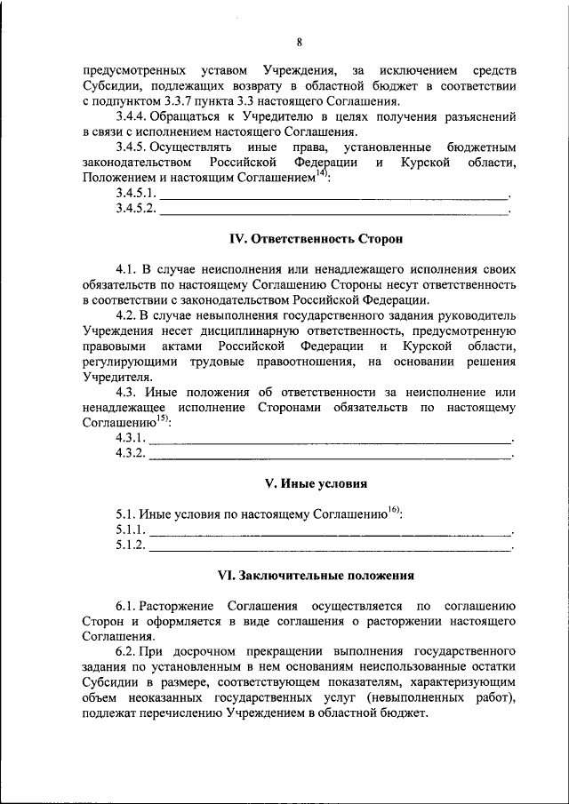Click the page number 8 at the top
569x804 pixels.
(x=300, y=43)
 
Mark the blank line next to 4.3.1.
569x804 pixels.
(x=330, y=440)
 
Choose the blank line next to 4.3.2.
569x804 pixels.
(x=330, y=455)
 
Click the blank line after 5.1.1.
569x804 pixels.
(x=330, y=531)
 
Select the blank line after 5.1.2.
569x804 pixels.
(x=330, y=546)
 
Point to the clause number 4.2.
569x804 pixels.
(x=124, y=314)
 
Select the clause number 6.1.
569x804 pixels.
(x=124, y=605)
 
